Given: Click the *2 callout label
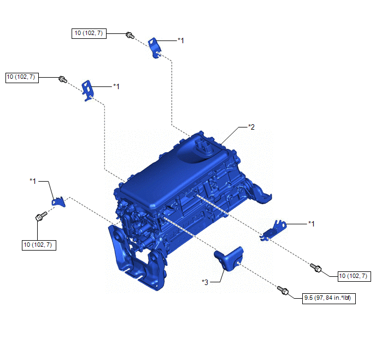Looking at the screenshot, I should (251, 127).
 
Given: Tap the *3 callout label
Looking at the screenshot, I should (205, 282).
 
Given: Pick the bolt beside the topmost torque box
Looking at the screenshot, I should (130, 36).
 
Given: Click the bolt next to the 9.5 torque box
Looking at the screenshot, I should (283, 291).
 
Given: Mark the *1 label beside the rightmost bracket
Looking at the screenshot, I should (312, 223).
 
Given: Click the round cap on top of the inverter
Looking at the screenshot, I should (203, 148).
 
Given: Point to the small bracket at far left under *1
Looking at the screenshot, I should (58, 201).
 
